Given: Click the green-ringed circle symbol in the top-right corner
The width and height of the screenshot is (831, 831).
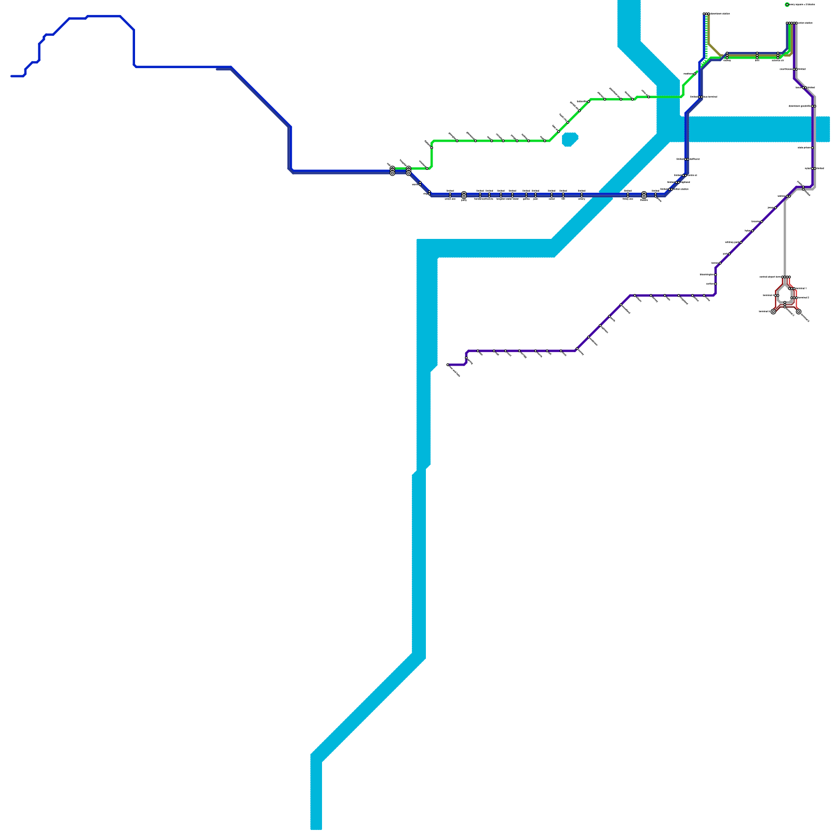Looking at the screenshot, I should pyautogui.click(x=787, y=5).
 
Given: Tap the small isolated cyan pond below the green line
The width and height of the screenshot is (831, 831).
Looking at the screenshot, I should pyautogui.click(x=570, y=139).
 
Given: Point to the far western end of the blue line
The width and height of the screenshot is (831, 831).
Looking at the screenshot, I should pyautogui.click(x=12, y=76).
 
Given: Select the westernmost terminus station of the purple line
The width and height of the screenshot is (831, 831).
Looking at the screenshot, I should pyautogui.click(x=448, y=365).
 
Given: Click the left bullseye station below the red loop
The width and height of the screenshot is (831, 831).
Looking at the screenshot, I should pyautogui.click(x=773, y=312).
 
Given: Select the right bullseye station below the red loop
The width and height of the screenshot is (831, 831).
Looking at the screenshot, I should pyautogui.click(x=798, y=312).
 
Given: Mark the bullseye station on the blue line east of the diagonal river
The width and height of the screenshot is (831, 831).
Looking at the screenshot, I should pyautogui.click(x=644, y=195).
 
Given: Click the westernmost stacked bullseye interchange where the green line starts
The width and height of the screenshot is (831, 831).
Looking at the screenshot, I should pyautogui.click(x=392, y=170).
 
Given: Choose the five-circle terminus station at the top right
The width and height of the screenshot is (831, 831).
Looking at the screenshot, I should pyautogui.click(x=792, y=23).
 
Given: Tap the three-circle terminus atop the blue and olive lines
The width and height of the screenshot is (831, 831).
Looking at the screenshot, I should pyautogui.click(x=706, y=14).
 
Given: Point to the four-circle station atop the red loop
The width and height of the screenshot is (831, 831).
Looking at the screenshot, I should pyautogui.click(x=786, y=277).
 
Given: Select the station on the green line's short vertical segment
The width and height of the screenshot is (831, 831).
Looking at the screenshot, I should pyautogui.click(x=431, y=148).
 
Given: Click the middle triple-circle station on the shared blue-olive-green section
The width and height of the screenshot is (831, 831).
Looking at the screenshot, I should pyautogui.click(x=757, y=55).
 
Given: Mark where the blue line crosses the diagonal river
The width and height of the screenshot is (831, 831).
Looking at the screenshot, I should pyautogui.click(x=605, y=195).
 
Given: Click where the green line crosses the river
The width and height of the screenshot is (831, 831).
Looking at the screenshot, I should pyautogui.click(x=668, y=97).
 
